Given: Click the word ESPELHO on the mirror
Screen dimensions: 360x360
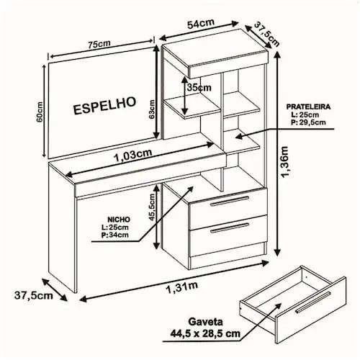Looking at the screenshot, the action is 104,106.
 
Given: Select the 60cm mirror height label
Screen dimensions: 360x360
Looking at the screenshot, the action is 40,112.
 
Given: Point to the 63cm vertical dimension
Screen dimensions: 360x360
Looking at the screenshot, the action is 152,109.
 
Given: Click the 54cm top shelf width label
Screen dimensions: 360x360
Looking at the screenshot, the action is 201,24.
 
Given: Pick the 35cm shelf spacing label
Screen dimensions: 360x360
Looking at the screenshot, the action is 199,87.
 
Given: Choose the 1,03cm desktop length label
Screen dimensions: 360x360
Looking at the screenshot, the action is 133,156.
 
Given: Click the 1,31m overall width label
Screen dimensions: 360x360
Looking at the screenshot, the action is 182,287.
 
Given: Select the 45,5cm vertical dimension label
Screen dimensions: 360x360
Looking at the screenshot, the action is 152,207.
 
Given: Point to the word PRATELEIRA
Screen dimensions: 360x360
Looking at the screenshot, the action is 308,107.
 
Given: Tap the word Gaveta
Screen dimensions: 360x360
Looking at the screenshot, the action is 205,322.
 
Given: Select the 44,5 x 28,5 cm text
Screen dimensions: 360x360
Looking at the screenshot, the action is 205,333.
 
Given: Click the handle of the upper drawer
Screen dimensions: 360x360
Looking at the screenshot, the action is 230,201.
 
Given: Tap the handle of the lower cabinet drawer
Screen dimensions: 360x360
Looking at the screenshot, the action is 230,228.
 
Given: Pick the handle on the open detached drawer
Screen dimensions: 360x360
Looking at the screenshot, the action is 312,302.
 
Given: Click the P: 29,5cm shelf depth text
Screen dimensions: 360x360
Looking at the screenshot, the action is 308,122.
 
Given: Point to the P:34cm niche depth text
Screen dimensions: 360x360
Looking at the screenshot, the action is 114,235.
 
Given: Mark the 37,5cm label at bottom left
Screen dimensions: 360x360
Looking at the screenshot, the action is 34,295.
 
